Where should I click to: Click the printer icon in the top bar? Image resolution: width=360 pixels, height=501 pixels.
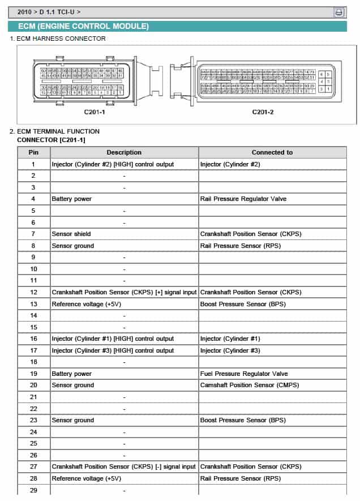pos(338,12)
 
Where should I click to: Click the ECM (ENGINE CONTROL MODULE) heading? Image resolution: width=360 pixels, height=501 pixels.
pos(83,27)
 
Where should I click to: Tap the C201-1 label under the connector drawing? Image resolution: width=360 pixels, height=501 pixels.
pos(95,112)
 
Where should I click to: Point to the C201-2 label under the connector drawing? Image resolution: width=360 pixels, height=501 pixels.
pos(263,112)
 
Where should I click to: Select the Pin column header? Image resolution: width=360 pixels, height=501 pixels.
pos(33,152)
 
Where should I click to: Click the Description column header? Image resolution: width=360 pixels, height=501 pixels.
pos(124,152)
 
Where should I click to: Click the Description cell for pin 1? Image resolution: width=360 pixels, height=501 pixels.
pos(113,164)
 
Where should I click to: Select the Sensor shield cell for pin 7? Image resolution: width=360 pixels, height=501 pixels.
pos(71,234)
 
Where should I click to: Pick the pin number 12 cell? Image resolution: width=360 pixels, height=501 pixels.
pos(33,292)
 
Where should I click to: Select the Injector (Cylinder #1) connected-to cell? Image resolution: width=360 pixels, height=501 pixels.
pos(230,339)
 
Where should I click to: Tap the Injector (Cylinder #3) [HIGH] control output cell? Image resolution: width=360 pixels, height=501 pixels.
pos(113,350)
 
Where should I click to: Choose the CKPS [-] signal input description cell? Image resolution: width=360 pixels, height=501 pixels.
pos(124,466)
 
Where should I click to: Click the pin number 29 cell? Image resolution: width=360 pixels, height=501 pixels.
pos(33,490)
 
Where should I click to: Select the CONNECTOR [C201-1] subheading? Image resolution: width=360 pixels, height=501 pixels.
pos(52,139)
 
